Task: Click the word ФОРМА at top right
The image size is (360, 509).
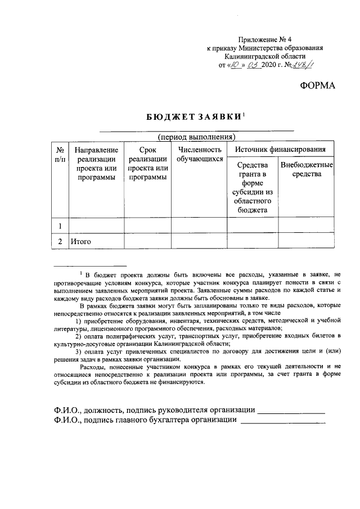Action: [316, 85]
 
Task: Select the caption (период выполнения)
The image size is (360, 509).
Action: [196, 137]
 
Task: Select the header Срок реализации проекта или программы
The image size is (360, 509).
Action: [147, 164]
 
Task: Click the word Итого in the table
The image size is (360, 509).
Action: [80, 242]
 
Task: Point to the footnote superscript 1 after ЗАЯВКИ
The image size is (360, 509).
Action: [244, 114]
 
